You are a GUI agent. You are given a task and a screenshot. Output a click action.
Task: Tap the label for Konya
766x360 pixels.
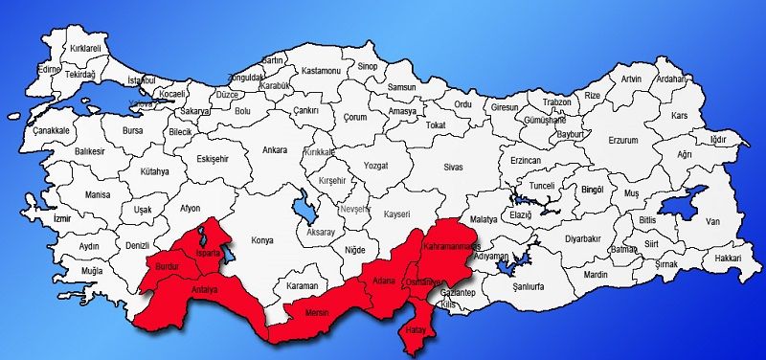point(261,240)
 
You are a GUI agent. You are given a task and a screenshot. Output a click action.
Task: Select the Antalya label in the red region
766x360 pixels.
point(205,289)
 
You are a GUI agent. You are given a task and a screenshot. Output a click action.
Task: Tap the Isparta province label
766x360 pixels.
point(208,253)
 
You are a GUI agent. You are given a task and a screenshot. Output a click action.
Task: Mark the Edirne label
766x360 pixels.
point(48,69)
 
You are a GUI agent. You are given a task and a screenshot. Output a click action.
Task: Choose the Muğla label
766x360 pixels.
point(92,272)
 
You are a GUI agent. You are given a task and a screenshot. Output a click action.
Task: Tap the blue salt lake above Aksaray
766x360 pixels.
point(303,204)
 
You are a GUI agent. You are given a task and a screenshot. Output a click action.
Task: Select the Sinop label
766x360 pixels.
point(368,66)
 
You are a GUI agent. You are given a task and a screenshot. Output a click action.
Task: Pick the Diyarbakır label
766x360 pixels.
point(582,237)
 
